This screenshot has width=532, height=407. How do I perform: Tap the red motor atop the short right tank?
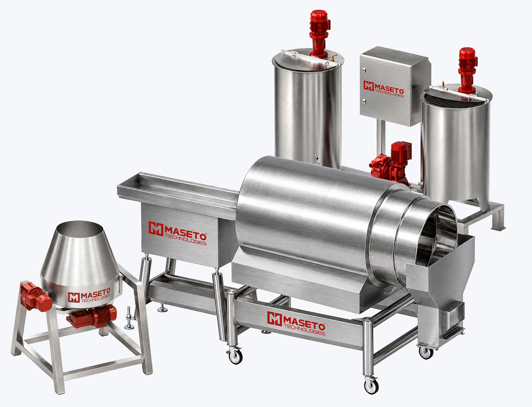point(467,70)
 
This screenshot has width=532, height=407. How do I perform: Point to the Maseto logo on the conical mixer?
point(89,296)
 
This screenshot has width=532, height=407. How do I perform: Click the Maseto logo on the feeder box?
point(177,233)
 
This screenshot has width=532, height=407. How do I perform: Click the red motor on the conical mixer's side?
point(36,297)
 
